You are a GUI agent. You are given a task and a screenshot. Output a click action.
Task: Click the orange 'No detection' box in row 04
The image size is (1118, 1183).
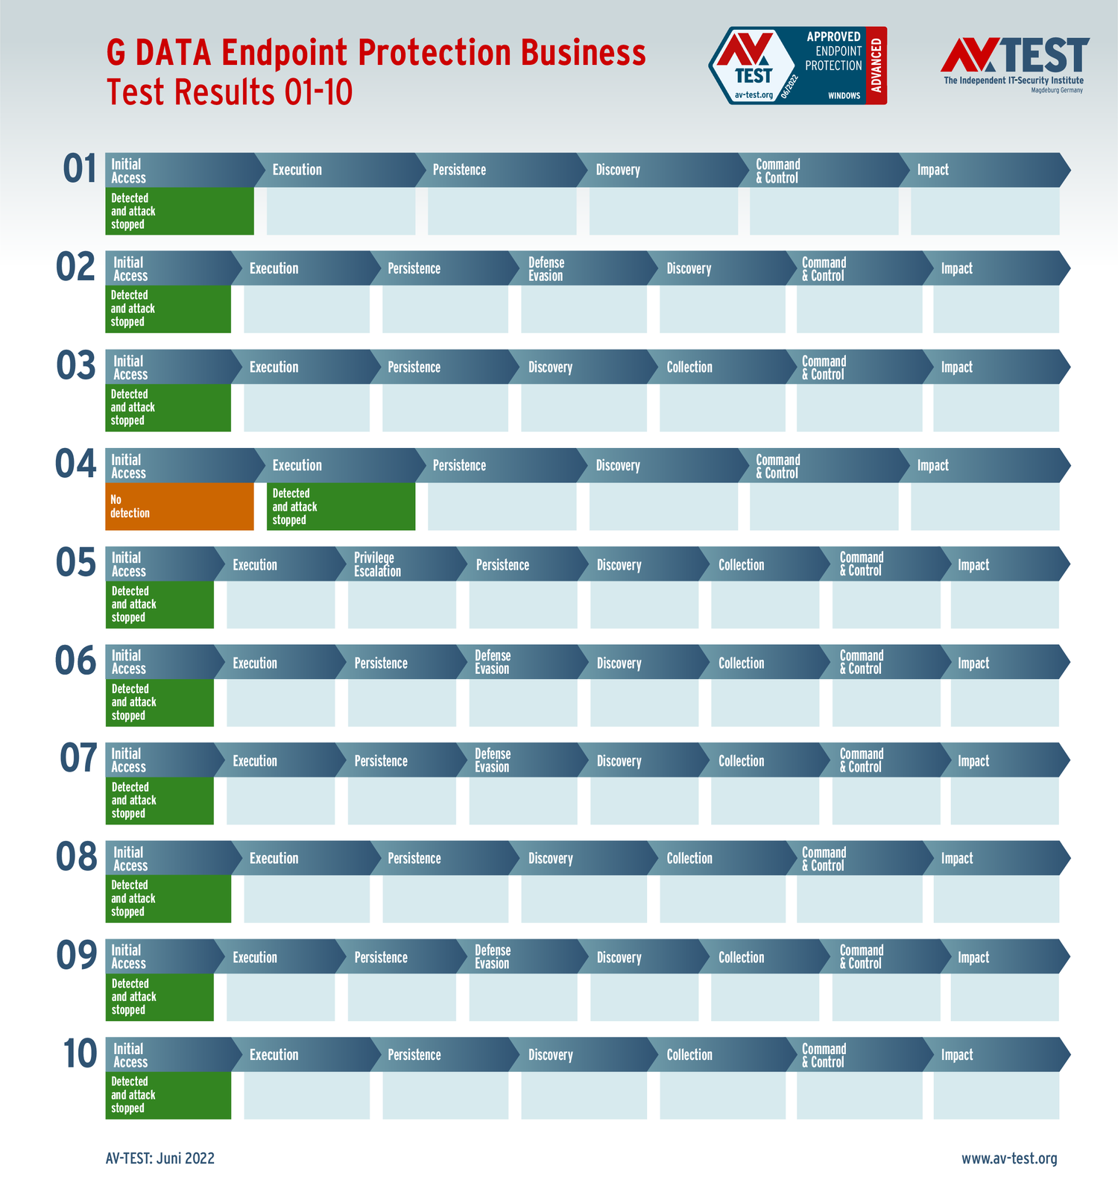[x=179, y=506]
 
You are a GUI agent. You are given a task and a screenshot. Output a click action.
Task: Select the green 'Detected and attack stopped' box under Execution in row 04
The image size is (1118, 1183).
[x=341, y=506]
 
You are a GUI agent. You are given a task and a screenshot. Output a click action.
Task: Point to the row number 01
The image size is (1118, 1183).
[x=80, y=169]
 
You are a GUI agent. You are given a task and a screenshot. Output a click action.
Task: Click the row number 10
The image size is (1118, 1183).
[x=80, y=1054]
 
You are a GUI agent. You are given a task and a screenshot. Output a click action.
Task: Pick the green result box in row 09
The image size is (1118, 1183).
[x=160, y=997]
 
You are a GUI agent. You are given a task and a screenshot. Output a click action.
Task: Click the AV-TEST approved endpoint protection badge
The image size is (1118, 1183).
[x=797, y=66]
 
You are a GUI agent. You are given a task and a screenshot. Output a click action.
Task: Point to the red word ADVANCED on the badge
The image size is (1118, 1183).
[x=877, y=66]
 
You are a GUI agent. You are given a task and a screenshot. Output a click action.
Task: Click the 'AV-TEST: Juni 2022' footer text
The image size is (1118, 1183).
[x=160, y=1158]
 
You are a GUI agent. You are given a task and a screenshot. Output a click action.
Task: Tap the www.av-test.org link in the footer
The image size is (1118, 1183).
[x=1009, y=1158]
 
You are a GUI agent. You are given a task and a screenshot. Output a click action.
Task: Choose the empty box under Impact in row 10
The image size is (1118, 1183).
[x=996, y=1095]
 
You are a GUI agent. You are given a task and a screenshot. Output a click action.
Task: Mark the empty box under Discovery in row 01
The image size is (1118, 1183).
[x=663, y=211]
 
